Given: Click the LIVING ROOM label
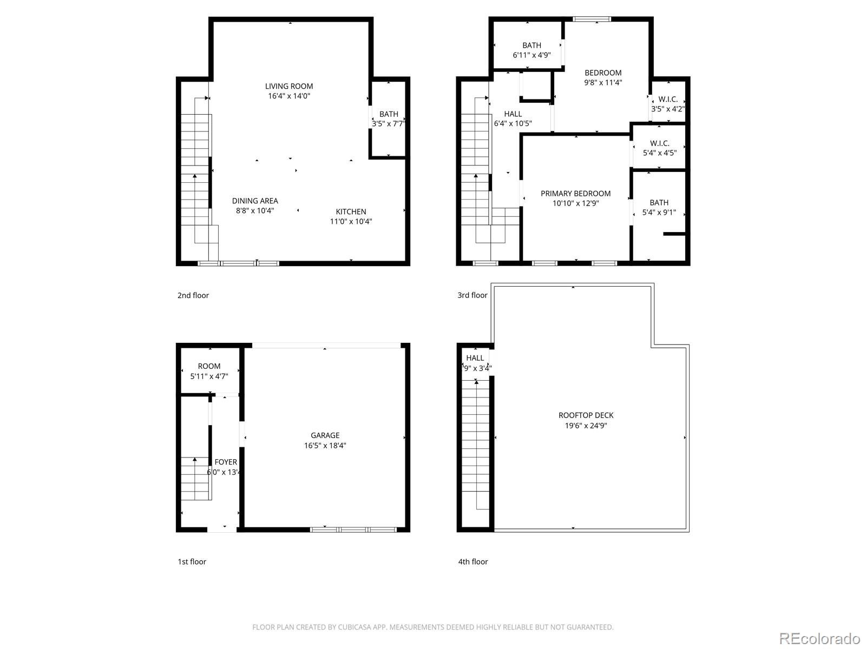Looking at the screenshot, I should tap(288, 86).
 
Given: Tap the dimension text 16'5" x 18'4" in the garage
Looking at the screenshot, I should tap(325, 446).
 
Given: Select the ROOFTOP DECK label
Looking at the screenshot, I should tap(586, 415).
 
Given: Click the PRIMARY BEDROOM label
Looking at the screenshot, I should tap(575, 194).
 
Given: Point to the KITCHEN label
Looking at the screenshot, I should tap(351, 211).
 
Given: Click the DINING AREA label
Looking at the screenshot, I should tap(255, 201).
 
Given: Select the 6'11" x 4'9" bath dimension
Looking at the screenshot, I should tap(532, 55).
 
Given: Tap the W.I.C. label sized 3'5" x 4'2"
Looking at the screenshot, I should tap(668, 100).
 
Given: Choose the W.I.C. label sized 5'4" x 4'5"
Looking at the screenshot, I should tap(659, 143).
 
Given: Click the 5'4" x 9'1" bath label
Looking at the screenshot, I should tap(659, 203).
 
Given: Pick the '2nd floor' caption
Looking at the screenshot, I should tap(193, 295).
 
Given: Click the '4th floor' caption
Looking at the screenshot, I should tap(473, 561).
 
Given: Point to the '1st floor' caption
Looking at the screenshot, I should tap(192, 561).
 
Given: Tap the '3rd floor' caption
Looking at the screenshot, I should tap(472, 295).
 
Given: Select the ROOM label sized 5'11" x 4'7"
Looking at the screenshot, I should tap(209, 366).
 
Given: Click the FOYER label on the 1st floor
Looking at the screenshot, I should tap(226, 462).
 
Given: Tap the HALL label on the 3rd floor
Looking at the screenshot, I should tap(513, 114).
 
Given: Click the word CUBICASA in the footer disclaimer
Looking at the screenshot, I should tap(354, 627).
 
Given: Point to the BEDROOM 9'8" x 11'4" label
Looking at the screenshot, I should tap(603, 73).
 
